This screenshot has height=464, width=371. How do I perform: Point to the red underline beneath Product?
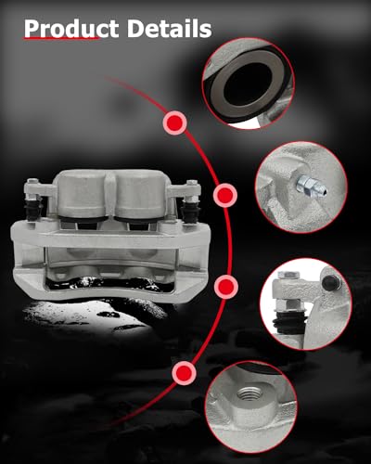[61, 42]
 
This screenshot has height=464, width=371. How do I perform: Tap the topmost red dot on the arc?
[173, 122]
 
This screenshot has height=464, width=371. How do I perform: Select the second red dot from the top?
[224, 196]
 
